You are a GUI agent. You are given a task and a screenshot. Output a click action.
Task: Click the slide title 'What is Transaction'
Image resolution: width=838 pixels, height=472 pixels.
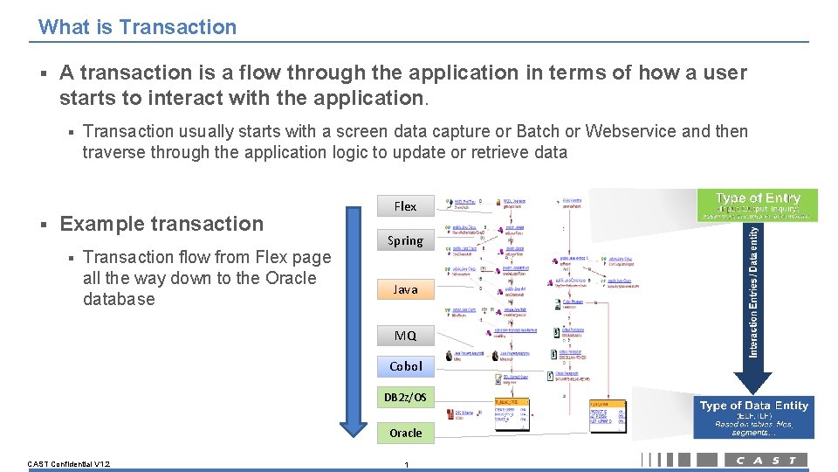[137, 27]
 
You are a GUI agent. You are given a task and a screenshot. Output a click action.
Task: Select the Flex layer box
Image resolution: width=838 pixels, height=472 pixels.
[405, 206]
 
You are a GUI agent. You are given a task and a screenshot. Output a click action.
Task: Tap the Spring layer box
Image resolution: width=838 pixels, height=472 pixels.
[405, 240]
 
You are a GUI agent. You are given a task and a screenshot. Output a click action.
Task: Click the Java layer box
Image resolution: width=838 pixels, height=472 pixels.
[405, 289]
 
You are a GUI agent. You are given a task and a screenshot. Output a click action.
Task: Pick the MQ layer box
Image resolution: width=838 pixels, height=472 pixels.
[405, 336]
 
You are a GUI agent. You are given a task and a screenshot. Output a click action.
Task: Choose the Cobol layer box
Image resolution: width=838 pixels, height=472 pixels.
[405, 366]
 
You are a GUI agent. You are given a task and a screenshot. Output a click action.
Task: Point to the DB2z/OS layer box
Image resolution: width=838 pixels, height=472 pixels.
[405, 398]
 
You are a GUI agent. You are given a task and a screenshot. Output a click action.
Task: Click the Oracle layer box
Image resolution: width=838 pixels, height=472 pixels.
[405, 433]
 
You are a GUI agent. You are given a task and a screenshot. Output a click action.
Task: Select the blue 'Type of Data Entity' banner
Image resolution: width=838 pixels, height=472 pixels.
[754, 417]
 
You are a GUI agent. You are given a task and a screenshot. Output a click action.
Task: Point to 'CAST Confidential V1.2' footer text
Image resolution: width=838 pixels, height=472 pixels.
[68, 463]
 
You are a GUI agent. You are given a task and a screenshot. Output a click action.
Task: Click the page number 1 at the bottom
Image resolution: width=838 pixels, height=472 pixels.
[406, 464]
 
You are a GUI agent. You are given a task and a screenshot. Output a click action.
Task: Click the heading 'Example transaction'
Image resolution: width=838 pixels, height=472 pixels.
[161, 224]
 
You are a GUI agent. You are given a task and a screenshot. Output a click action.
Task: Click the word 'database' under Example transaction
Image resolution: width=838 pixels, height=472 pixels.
[119, 299]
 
